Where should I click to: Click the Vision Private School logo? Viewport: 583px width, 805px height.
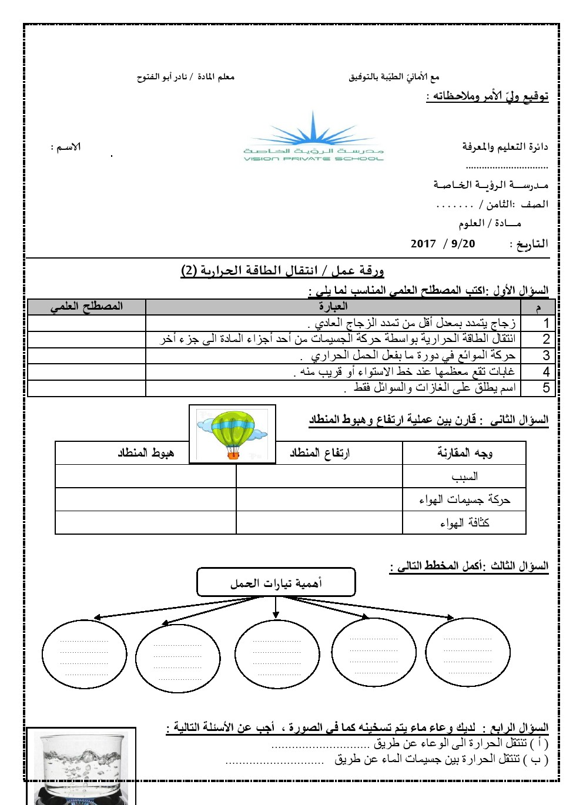(313, 139)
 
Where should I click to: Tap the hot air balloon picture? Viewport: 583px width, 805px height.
(232, 434)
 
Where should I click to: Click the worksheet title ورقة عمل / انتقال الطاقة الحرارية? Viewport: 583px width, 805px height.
(283, 270)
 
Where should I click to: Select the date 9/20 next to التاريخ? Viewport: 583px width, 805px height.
(463, 244)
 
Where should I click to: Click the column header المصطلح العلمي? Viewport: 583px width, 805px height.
(86, 306)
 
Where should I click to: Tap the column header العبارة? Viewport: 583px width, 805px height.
(333, 306)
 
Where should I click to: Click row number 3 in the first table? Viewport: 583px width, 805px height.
(546, 355)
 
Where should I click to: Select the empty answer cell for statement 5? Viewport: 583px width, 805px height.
(86, 388)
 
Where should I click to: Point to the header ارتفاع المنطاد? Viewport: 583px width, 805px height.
(320, 453)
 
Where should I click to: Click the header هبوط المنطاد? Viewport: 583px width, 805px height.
(146, 453)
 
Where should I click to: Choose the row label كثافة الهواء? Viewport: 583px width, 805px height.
(464, 522)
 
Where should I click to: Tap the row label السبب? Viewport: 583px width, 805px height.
(464, 477)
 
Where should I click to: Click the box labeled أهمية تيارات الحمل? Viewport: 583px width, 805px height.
(276, 583)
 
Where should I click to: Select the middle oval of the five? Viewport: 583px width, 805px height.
(277, 653)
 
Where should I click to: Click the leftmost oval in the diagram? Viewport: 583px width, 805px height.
(85, 653)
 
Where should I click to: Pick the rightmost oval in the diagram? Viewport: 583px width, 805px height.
(467, 652)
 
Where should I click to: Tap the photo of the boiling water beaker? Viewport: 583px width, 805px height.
(81, 765)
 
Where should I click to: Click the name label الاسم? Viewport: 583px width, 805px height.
(66, 147)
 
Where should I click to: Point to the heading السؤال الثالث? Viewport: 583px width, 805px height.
(520, 566)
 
